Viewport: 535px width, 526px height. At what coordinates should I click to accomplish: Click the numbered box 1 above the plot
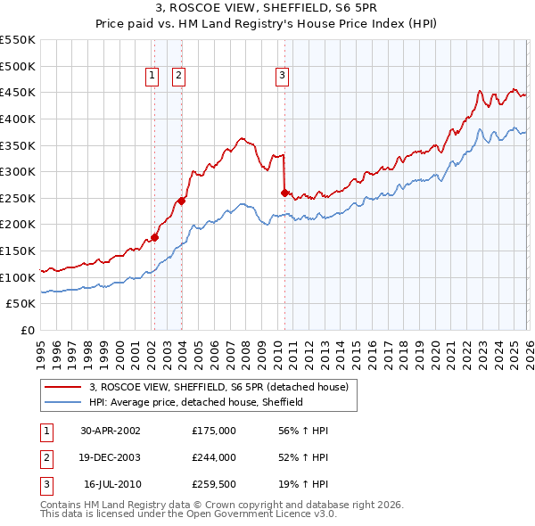(153, 77)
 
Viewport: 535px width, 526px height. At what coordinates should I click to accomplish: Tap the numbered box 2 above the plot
(179, 77)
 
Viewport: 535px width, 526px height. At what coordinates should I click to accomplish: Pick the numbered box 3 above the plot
(282, 77)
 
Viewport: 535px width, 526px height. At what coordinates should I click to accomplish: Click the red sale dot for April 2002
(154, 237)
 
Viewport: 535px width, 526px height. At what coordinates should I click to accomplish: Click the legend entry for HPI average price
(196, 402)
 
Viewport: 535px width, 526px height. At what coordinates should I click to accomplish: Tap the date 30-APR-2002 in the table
(111, 431)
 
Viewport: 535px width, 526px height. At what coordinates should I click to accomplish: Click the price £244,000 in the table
(214, 457)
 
